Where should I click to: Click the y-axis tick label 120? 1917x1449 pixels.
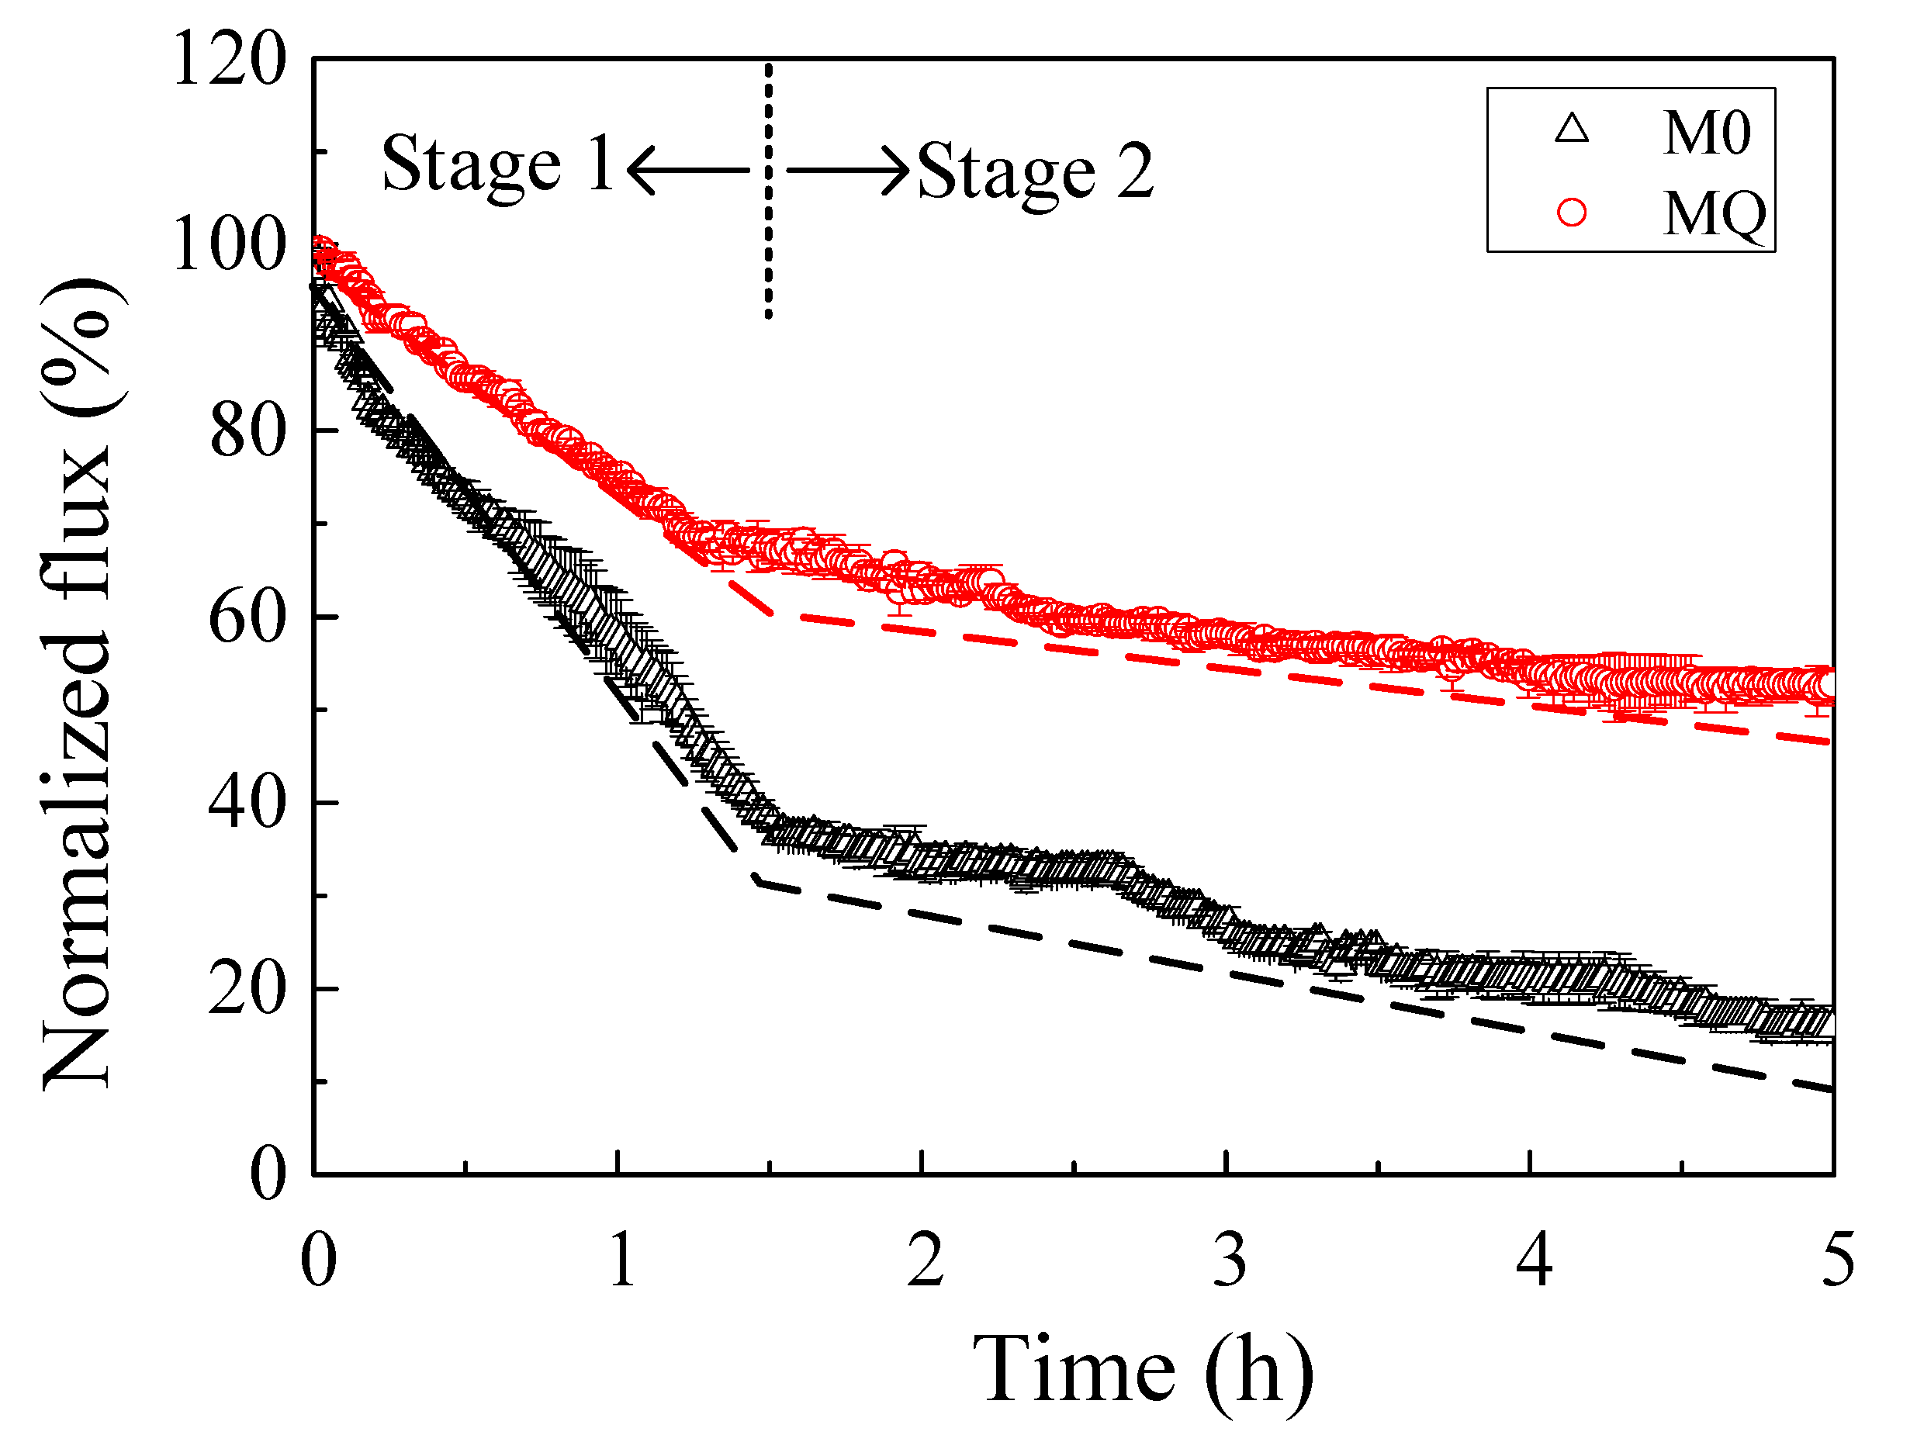(x=230, y=59)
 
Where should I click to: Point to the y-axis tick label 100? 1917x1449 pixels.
(x=230, y=244)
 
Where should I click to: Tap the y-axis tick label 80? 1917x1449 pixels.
(x=247, y=431)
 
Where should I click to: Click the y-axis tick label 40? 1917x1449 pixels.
(x=247, y=804)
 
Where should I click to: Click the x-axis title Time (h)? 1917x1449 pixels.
(x=1142, y=1370)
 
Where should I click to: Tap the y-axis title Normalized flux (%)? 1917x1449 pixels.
(x=78, y=685)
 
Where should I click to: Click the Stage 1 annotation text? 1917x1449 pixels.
(x=498, y=164)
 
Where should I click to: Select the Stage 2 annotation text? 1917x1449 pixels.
(x=1036, y=171)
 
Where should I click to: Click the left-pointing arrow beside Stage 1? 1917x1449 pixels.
(x=687, y=170)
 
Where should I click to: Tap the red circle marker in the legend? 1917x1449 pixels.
(x=1571, y=213)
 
